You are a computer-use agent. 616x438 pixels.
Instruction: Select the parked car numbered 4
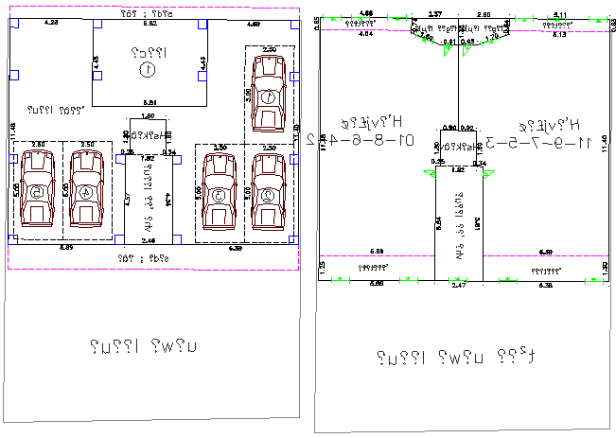pos(87,190)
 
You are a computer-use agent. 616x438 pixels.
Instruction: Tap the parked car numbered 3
pos(220,192)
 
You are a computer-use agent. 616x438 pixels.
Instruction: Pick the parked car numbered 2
pos(269,192)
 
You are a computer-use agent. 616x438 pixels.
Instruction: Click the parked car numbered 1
pos(269,93)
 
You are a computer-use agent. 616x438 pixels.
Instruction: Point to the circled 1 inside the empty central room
pos(147,69)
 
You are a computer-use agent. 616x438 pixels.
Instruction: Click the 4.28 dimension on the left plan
pos(51,22)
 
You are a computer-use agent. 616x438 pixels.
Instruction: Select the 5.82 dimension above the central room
pos(150,22)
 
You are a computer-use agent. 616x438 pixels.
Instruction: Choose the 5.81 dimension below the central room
pos(150,102)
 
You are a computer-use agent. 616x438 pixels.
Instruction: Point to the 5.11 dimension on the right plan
pos(559,14)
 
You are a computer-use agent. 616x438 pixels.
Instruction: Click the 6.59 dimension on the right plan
pos(546,252)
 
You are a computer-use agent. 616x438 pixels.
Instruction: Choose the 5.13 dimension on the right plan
pos(559,34)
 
